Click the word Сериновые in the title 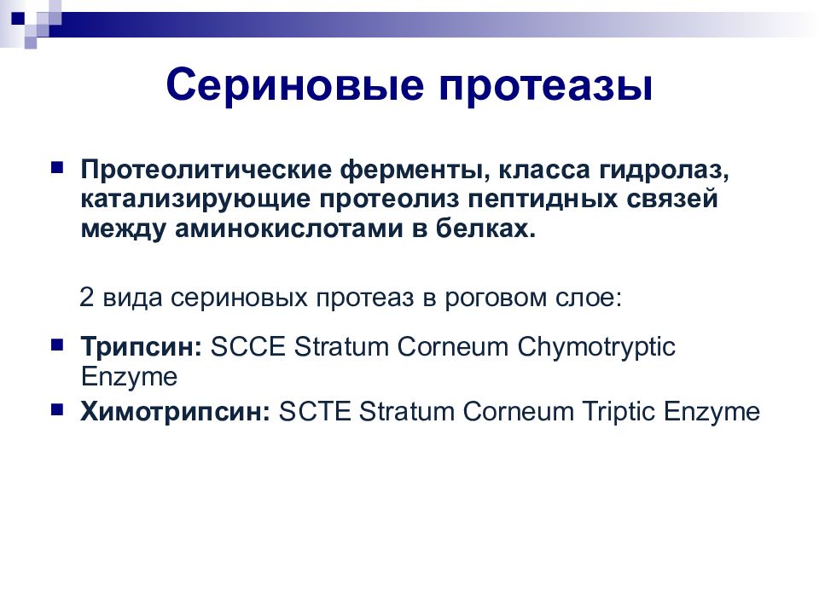coord(295,84)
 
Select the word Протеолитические coord(206,170)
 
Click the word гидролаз coord(664,171)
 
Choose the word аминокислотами coord(289,229)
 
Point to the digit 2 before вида coord(87,297)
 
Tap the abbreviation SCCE coord(248,347)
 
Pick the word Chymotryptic coord(596,348)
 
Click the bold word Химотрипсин coord(176,412)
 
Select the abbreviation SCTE coord(315,411)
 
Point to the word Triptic coord(619,413)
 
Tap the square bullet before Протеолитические coord(57,167)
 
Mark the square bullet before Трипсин coord(57,344)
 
